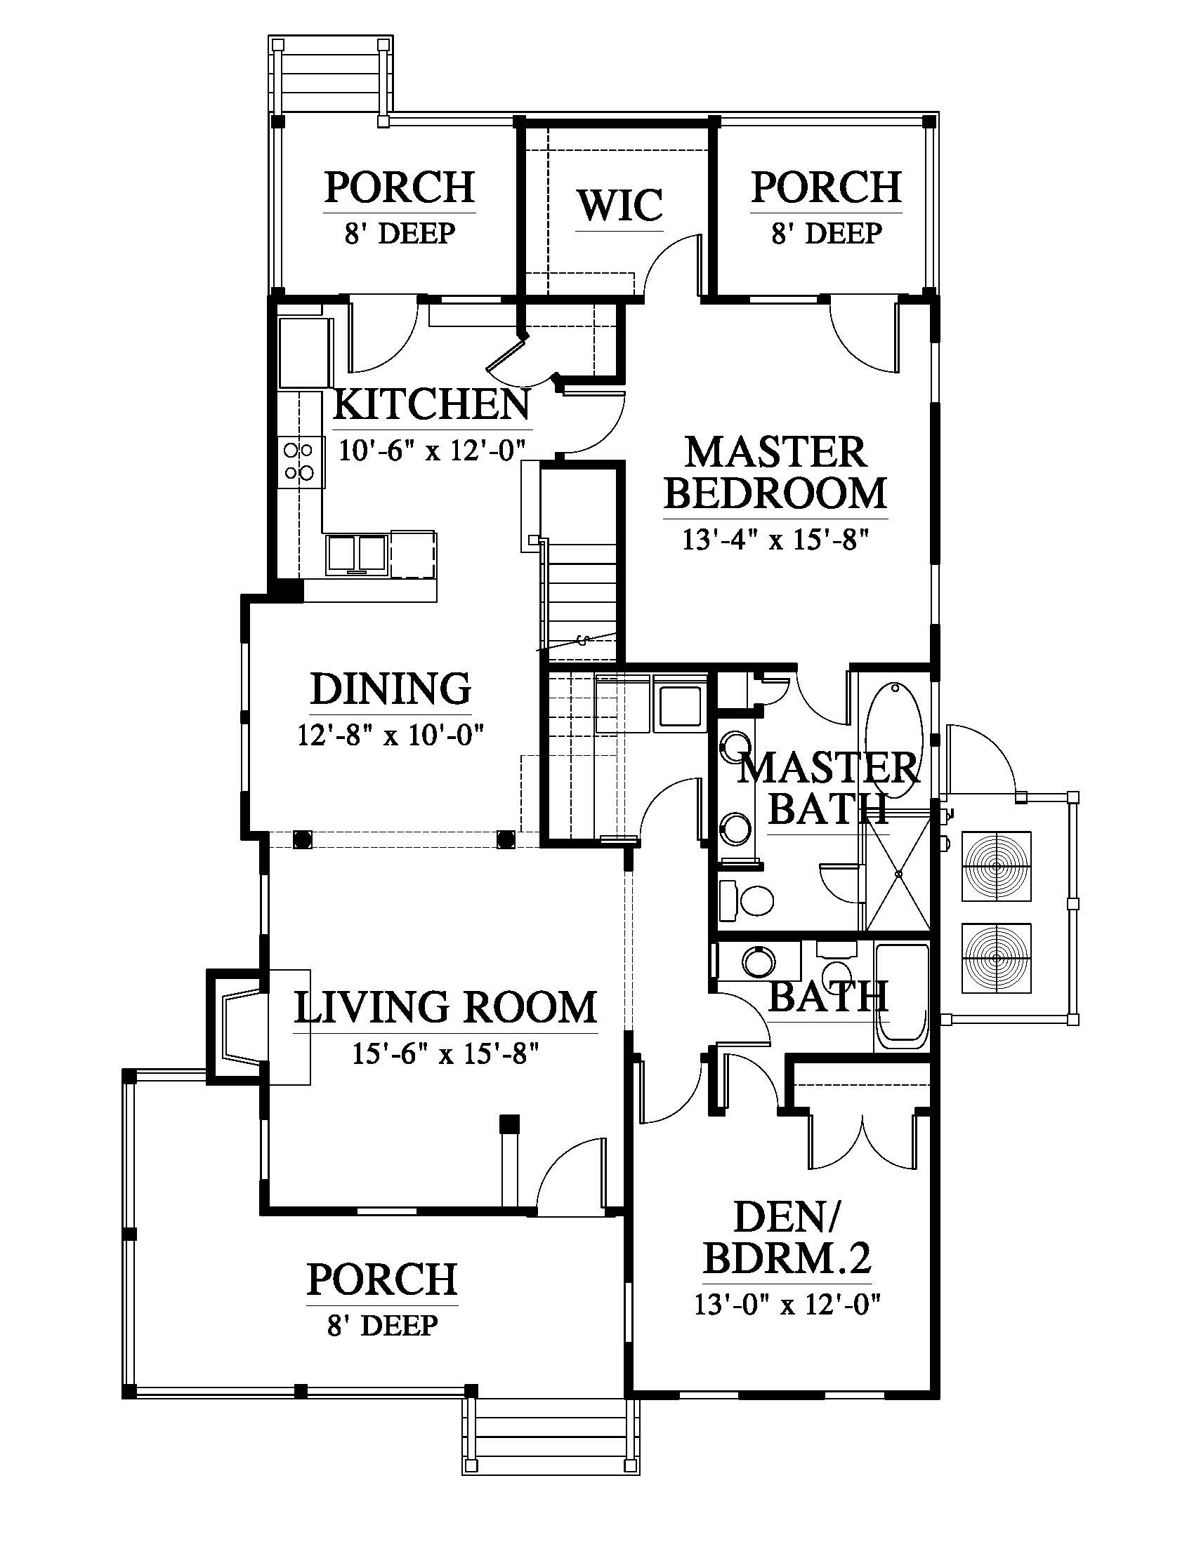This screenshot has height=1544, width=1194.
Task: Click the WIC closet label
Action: coord(619,205)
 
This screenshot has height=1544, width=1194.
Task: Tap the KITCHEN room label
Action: coord(431,405)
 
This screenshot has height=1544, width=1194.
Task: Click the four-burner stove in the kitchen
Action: coord(298,461)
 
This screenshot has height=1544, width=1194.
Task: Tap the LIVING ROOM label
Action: coord(445,1008)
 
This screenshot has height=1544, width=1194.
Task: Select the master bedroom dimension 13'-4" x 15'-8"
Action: coord(775,540)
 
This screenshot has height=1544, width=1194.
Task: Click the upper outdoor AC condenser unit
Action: coord(997,865)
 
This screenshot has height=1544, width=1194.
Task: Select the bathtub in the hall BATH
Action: coord(901,996)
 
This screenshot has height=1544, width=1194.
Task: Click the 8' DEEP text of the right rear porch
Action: coord(826,233)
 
